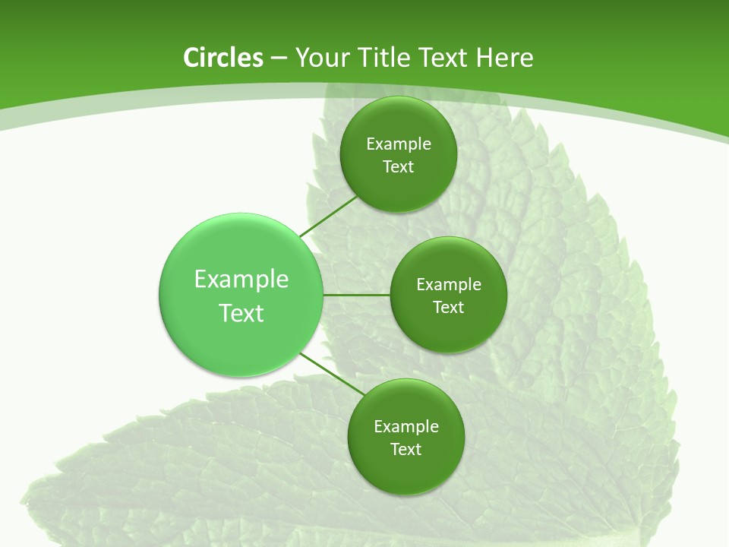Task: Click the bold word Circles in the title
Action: (222, 58)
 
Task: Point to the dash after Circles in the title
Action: (279, 58)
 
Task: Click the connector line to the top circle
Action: (328, 217)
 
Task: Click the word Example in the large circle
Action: (241, 280)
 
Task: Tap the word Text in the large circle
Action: (241, 313)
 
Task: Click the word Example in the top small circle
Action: (399, 144)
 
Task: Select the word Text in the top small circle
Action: (399, 167)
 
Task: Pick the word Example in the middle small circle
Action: (449, 285)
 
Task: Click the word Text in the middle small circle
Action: (449, 308)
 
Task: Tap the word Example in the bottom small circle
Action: (406, 427)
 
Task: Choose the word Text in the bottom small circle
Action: (406, 450)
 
